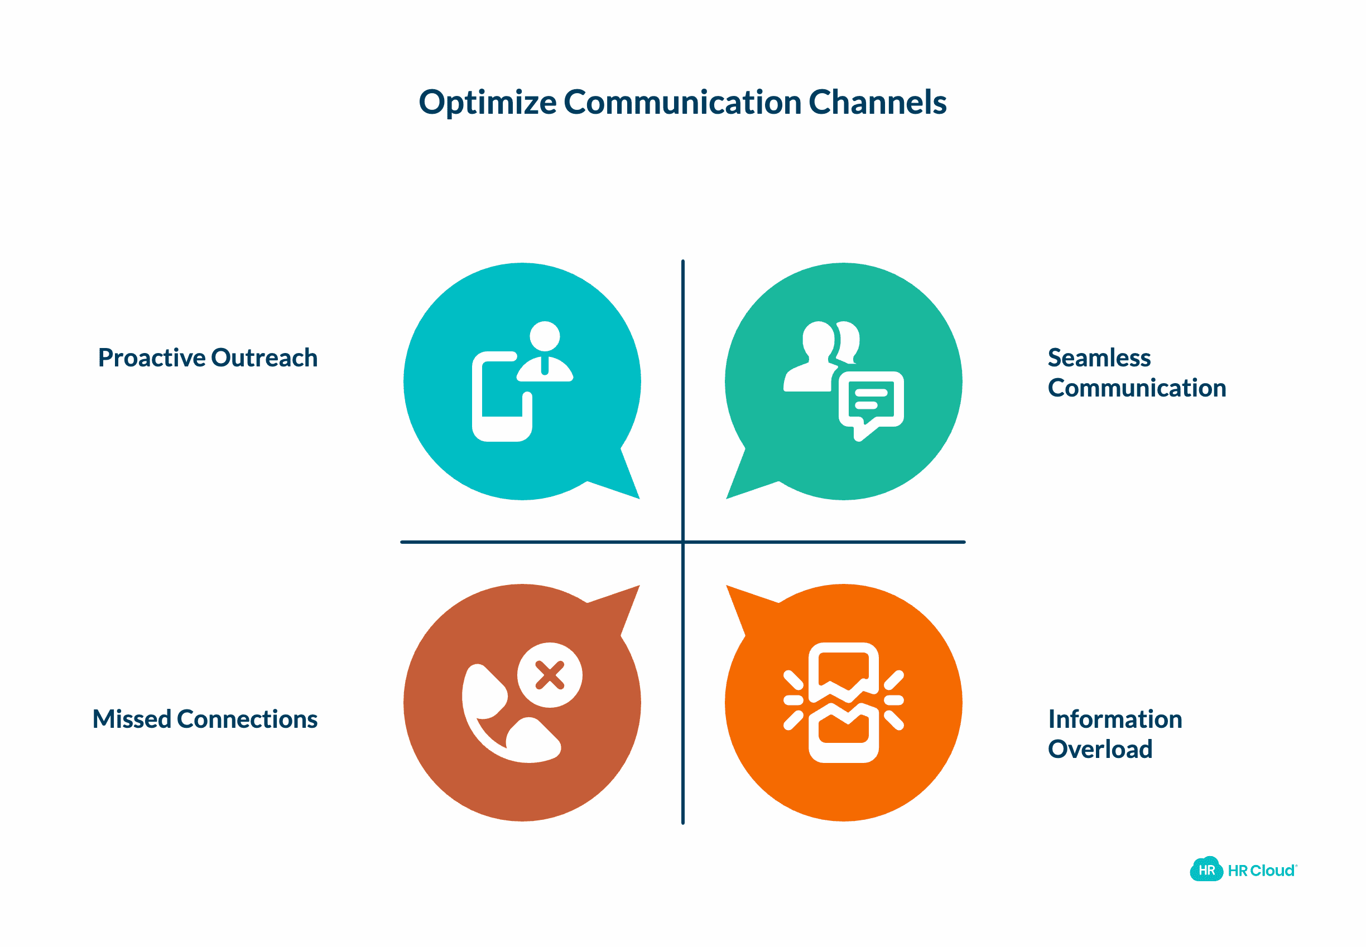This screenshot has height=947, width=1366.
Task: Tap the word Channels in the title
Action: click(877, 103)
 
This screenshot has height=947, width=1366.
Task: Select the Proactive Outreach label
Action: click(208, 358)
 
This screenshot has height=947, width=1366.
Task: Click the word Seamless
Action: click(1099, 358)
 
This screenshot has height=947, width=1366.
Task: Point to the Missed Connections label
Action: click(205, 719)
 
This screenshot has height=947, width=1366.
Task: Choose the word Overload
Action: click(1099, 750)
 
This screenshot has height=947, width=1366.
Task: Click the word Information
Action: click(1115, 719)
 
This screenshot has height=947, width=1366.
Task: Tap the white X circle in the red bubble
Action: click(549, 675)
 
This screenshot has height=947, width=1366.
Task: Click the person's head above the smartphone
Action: click(545, 336)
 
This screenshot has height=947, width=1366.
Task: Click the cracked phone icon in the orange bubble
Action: click(843, 703)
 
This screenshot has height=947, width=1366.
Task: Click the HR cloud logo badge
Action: click(1206, 871)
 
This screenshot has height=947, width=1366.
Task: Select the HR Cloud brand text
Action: click(1262, 871)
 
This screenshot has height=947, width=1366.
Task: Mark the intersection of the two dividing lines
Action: click(682, 542)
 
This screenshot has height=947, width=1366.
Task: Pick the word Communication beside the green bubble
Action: click(1136, 388)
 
